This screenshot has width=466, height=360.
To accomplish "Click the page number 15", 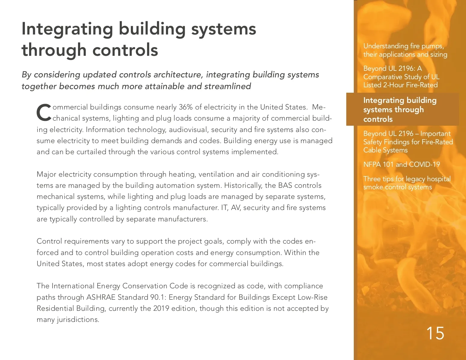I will click(435, 333).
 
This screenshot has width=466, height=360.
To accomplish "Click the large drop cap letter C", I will click(44, 113).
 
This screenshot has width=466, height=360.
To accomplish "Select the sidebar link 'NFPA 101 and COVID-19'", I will click(401, 164).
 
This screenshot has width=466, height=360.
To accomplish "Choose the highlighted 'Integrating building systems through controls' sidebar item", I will click(400, 109).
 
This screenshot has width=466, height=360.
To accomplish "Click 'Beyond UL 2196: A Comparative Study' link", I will click(401, 77).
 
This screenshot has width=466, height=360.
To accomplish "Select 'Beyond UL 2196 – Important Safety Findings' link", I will click(408, 142).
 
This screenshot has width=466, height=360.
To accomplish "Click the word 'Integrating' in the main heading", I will click(68, 29).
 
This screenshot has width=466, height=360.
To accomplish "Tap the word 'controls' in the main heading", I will click(125, 50).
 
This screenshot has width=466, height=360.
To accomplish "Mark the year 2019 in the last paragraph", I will click(161, 308).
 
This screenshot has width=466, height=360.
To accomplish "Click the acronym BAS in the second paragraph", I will click(285, 185).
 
